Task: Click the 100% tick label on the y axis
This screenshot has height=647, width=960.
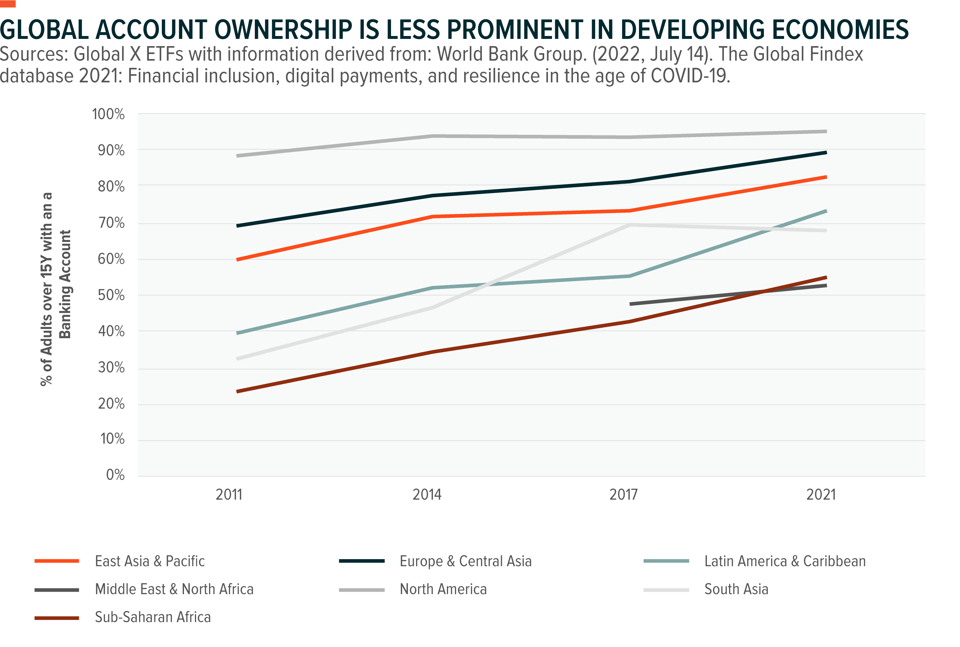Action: [x=108, y=114]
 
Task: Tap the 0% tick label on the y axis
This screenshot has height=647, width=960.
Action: [x=115, y=475]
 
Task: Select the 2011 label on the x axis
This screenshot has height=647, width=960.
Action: [x=229, y=494]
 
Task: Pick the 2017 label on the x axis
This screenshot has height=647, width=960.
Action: [x=623, y=494]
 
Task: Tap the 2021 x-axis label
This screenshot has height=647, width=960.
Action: [x=821, y=494]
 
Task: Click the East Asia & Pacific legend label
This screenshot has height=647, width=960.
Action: [x=150, y=561]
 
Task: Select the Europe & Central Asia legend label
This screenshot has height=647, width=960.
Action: [x=466, y=561]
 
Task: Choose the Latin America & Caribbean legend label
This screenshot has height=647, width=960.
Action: [x=785, y=561]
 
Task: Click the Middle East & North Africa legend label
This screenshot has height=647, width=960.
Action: [x=174, y=589]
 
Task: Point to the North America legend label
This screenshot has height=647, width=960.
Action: [x=443, y=589]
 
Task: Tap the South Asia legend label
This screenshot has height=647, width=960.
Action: [x=736, y=589]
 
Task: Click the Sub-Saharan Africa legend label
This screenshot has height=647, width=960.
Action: [x=153, y=617]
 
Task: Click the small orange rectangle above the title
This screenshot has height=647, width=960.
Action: [x=8, y=4]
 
